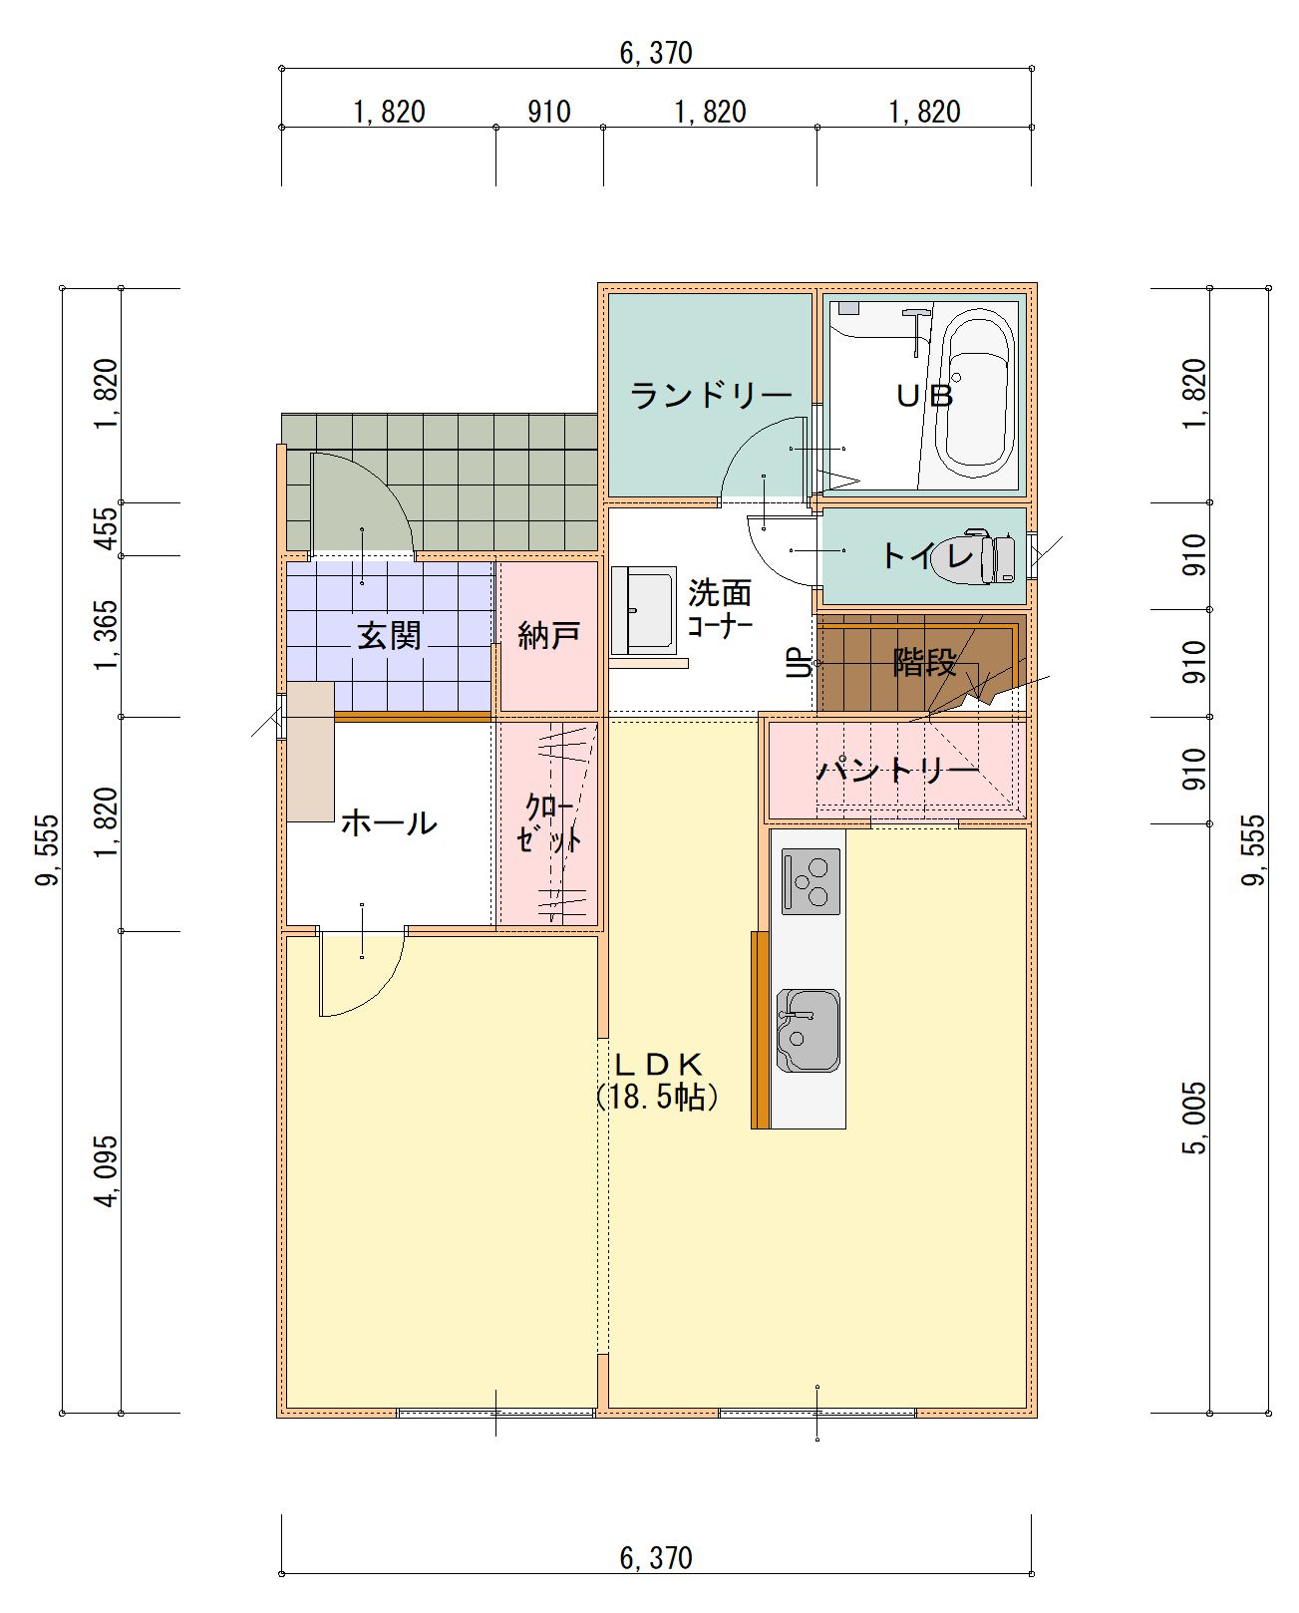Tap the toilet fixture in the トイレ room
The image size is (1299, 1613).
click(x=975, y=557)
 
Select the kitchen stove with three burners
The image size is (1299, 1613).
click(x=811, y=880)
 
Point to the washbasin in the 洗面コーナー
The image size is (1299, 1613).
click(x=643, y=610)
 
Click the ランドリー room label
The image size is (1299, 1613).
click(x=711, y=395)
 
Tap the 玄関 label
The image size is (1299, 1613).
click(x=389, y=635)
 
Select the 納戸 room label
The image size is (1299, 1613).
click(x=548, y=636)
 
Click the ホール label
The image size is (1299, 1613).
click(x=389, y=823)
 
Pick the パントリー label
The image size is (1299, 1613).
click(x=898, y=770)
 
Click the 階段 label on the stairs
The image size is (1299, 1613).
click(x=924, y=662)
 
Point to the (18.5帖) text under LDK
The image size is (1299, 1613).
click(x=657, y=1098)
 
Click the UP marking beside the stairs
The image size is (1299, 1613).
click(x=800, y=663)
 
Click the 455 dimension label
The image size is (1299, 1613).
click(x=108, y=528)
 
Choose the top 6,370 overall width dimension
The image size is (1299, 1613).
click(x=656, y=53)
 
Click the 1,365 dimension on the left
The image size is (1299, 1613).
click(x=107, y=635)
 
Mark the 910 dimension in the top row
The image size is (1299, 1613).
click(x=549, y=112)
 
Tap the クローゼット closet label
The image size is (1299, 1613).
click(x=549, y=822)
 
